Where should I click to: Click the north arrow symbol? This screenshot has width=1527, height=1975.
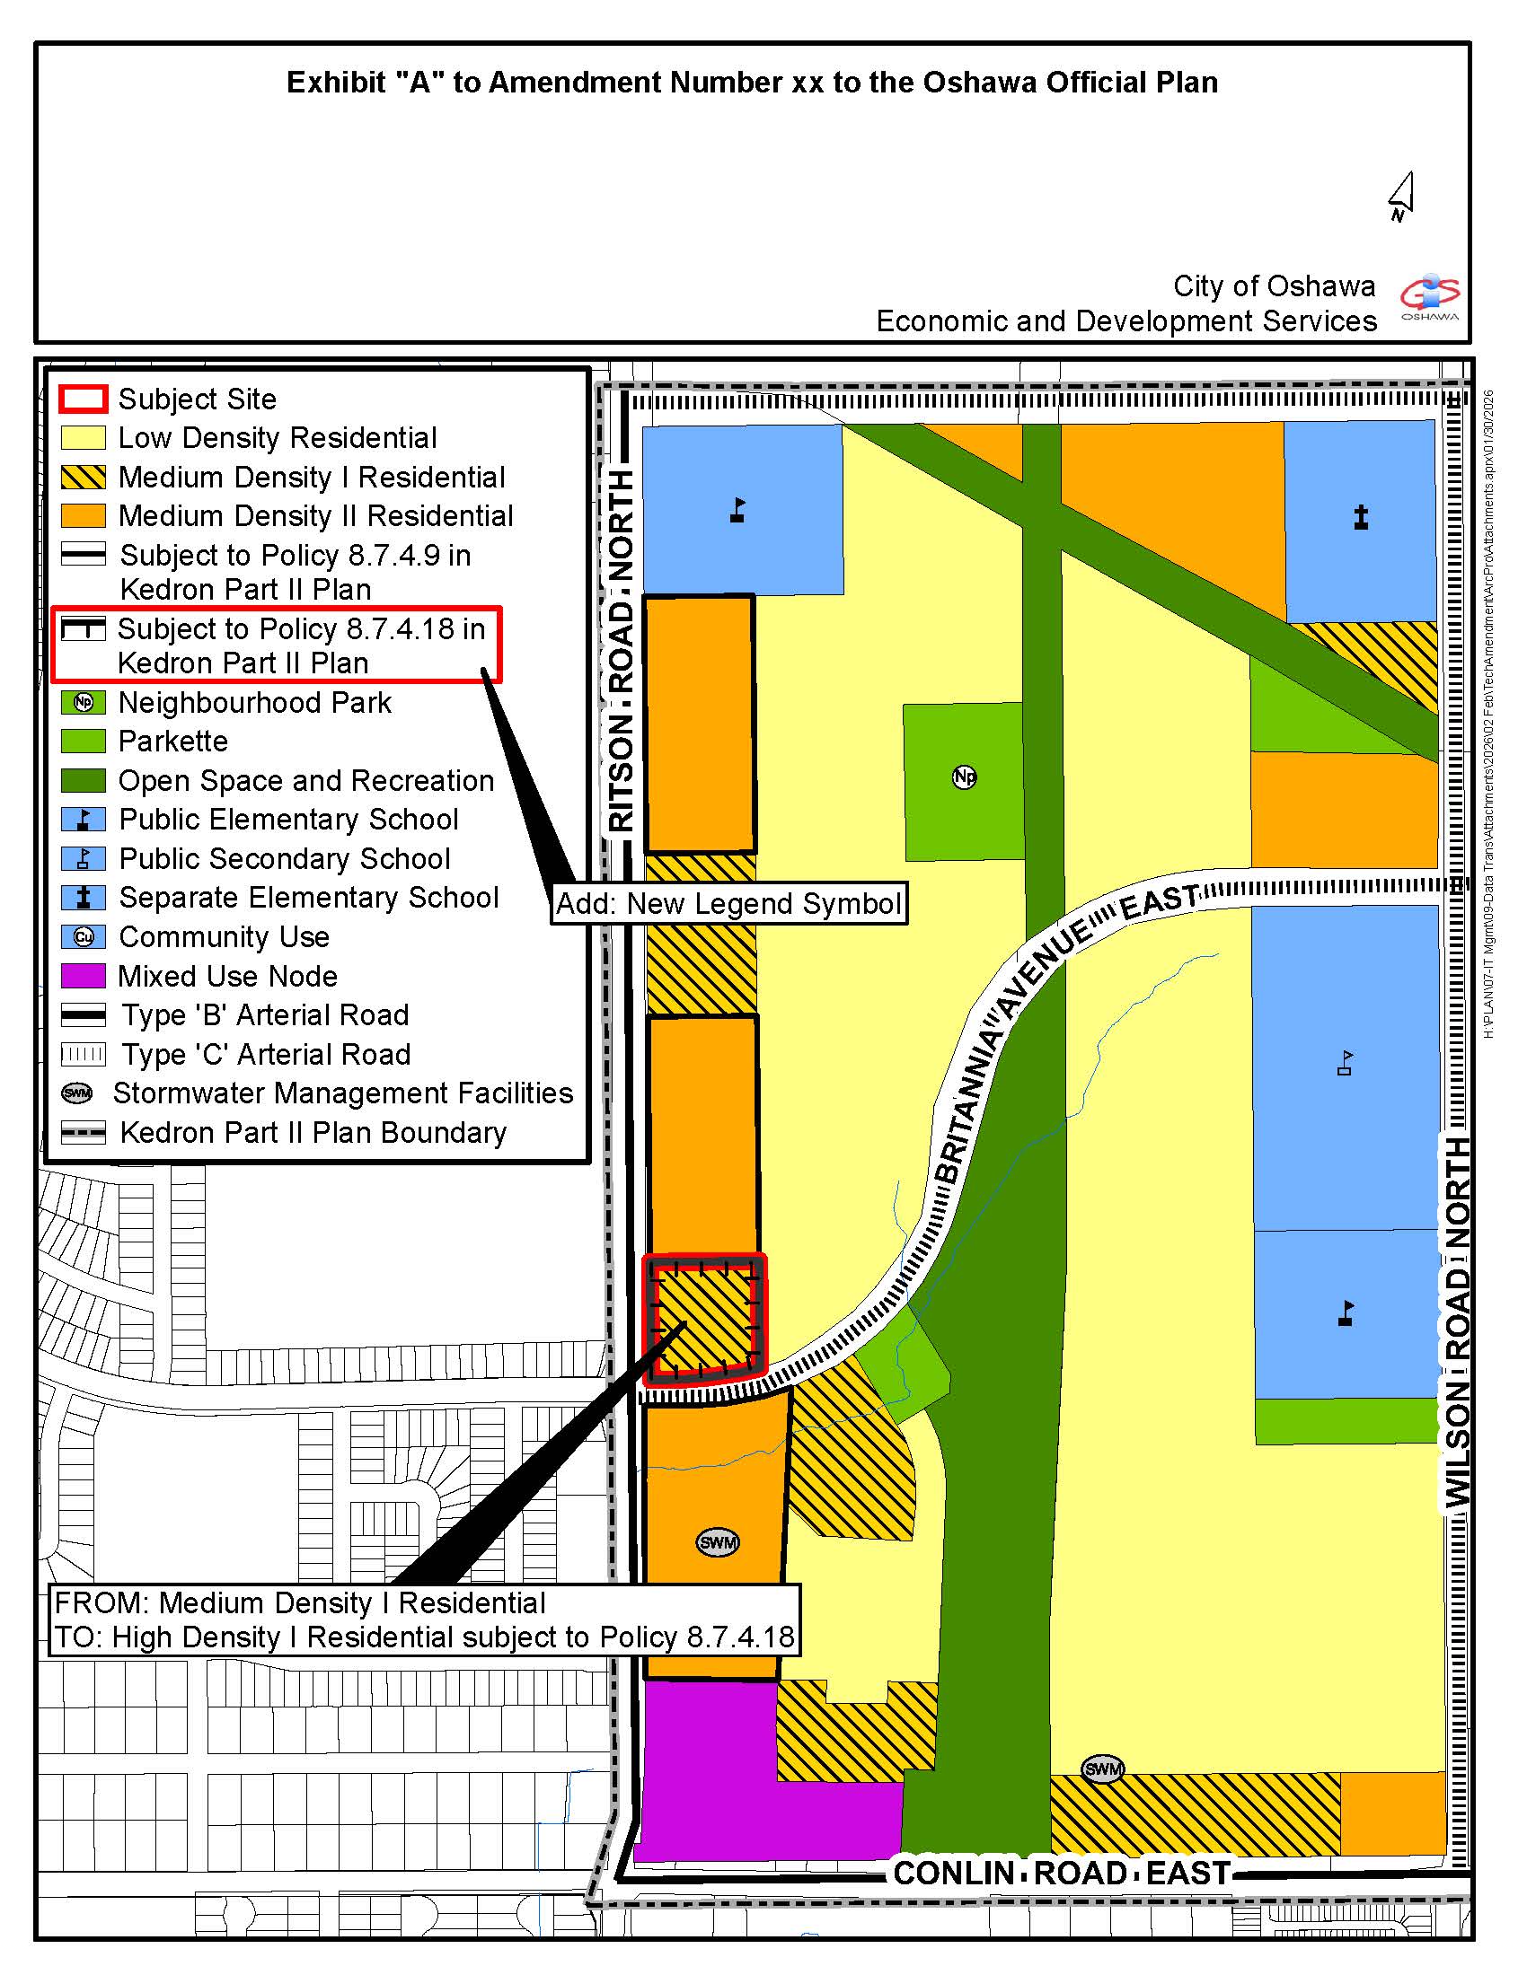click(1401, 197)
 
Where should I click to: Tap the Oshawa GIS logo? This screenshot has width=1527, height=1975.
click(1429, 295)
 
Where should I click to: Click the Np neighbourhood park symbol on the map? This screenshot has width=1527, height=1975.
click(965, 776)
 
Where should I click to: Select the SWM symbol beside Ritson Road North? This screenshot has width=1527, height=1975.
click(718, 1541)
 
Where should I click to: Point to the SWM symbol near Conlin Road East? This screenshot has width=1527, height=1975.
click(1103, 1768)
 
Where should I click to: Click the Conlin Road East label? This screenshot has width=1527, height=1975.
click(1062, 1872)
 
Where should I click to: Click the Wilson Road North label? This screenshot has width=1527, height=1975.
click(1457, 1321)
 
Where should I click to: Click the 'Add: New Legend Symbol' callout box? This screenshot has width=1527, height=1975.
click(729, 903)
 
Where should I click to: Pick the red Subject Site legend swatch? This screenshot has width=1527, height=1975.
click(84, 399)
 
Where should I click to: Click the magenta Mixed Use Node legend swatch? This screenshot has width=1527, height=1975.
click(84, 976)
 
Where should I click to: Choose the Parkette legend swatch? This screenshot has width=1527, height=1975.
click(84, 741)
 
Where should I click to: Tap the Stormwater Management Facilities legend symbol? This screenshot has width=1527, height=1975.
click(78, 1093)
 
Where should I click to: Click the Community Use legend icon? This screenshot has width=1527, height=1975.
click(84, 937)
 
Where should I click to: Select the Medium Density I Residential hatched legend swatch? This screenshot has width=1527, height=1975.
click(84, 477)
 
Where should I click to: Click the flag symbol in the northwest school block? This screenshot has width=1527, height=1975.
click(738, 510)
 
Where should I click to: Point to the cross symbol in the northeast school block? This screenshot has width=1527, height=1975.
click(1361, 517)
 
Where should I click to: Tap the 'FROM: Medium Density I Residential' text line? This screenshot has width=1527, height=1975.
click(300, 1602)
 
